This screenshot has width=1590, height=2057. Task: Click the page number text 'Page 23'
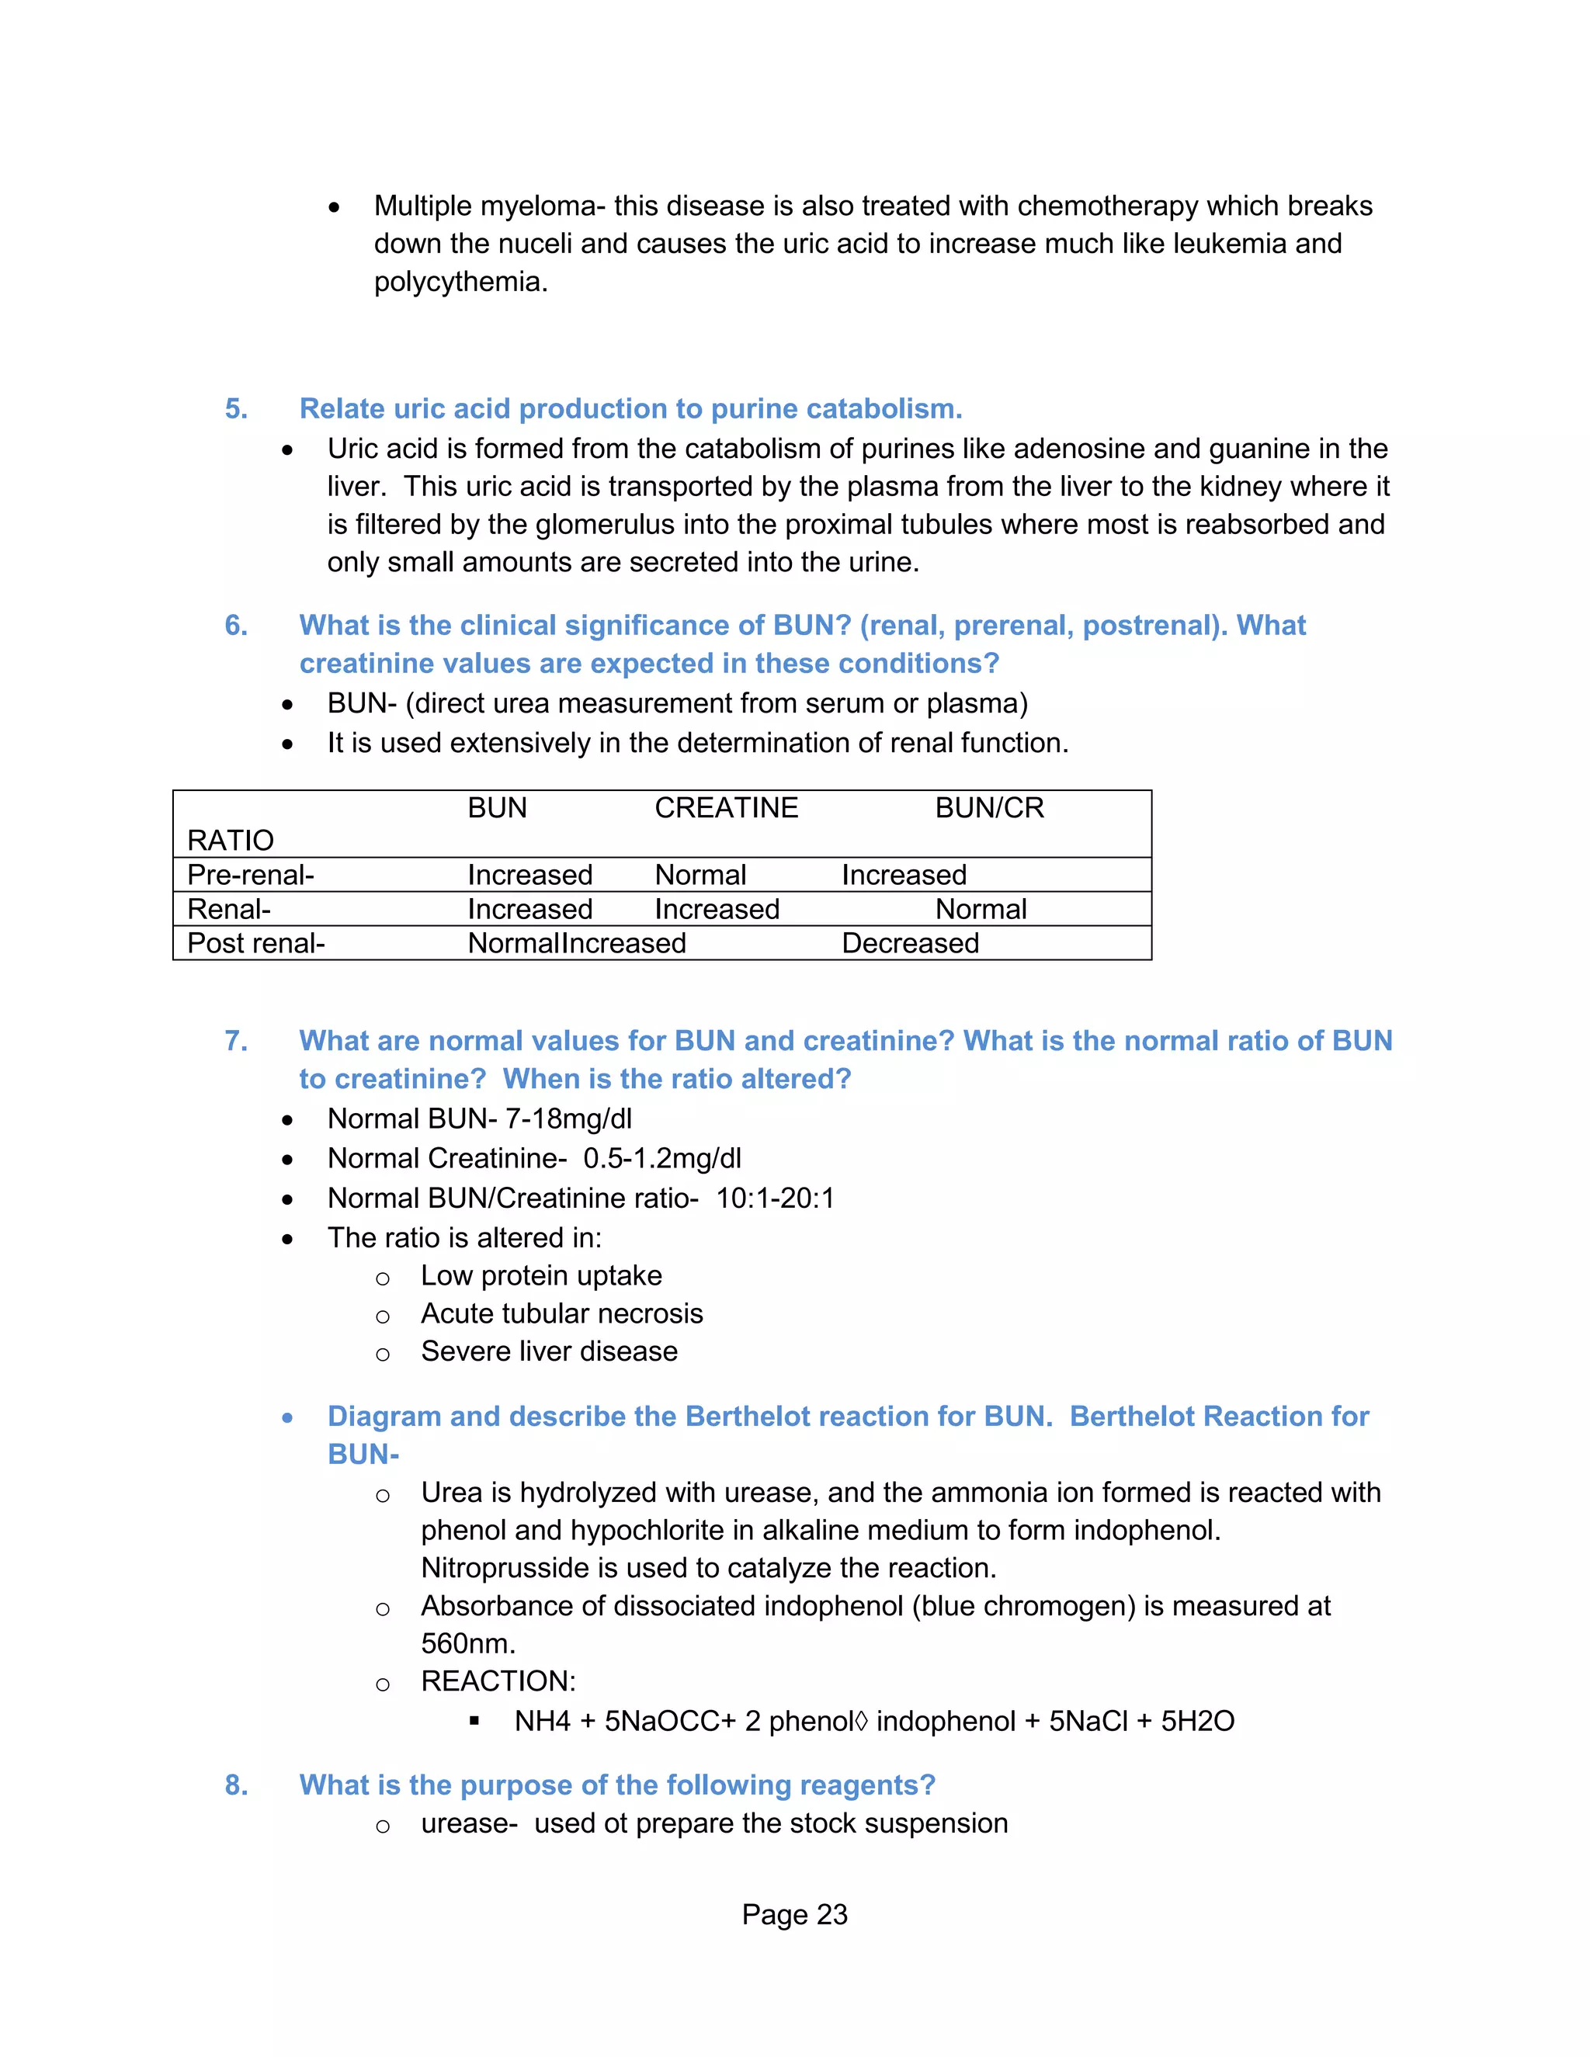(794, 1914)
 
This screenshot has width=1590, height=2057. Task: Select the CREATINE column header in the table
(726, 808)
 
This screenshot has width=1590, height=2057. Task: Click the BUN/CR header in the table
(989, 808)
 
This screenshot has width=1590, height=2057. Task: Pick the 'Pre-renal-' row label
(251, 875)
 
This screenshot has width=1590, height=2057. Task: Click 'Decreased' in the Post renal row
(910, 943)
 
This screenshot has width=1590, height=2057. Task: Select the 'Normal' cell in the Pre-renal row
(700, 875)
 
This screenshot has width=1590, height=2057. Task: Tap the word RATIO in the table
(231, 840)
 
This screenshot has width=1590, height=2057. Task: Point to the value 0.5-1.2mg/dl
(662, 1158)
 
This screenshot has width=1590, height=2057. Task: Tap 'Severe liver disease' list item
(549, 1351)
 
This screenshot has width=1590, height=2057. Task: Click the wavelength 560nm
(467, 1643)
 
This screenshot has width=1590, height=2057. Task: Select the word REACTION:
(498, 1681)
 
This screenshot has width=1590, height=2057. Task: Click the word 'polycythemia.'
(460, 282)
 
